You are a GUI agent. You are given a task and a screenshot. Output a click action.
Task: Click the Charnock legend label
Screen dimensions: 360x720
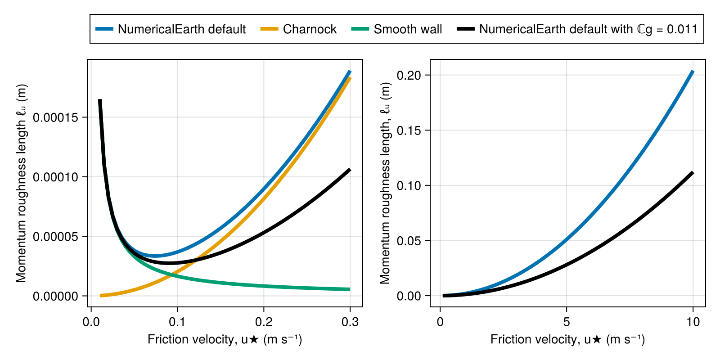click(x=310, y=29)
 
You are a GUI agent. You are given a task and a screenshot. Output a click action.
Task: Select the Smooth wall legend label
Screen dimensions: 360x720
click(x=408, y=29)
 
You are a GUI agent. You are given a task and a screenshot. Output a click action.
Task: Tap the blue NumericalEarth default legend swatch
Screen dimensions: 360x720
click(x=104, y=29)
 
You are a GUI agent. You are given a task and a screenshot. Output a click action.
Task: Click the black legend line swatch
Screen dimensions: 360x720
click(x=466, y=29)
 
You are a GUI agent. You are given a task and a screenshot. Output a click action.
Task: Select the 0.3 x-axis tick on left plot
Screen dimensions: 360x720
click(x=350, y=322)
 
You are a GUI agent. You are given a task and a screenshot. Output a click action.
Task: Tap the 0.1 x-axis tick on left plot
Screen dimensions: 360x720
click(x=177, y=322)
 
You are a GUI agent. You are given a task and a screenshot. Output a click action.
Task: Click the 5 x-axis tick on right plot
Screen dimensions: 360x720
click(x=567, y=322)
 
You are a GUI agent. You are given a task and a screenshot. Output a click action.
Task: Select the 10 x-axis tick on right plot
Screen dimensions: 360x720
click(x=693, y=322)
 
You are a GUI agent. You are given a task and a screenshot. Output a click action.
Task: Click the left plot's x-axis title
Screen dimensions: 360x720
click(x=225, y=339)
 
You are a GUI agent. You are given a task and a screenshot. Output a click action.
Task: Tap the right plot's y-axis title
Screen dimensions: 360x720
click(x=385, y=183)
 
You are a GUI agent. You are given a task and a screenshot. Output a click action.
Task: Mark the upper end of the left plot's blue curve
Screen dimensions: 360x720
click(x=350, y=72)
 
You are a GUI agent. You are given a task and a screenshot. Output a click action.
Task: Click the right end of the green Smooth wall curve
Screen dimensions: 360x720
click(x=350, y=289)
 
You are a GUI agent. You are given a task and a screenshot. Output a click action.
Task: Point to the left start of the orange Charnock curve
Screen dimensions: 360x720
click(x=100, y=296)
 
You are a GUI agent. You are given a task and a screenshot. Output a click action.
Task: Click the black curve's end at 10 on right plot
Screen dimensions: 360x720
click(x=693, y=173)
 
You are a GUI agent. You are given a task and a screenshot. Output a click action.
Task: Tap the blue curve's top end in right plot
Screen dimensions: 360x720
click(x=693, y=72)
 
